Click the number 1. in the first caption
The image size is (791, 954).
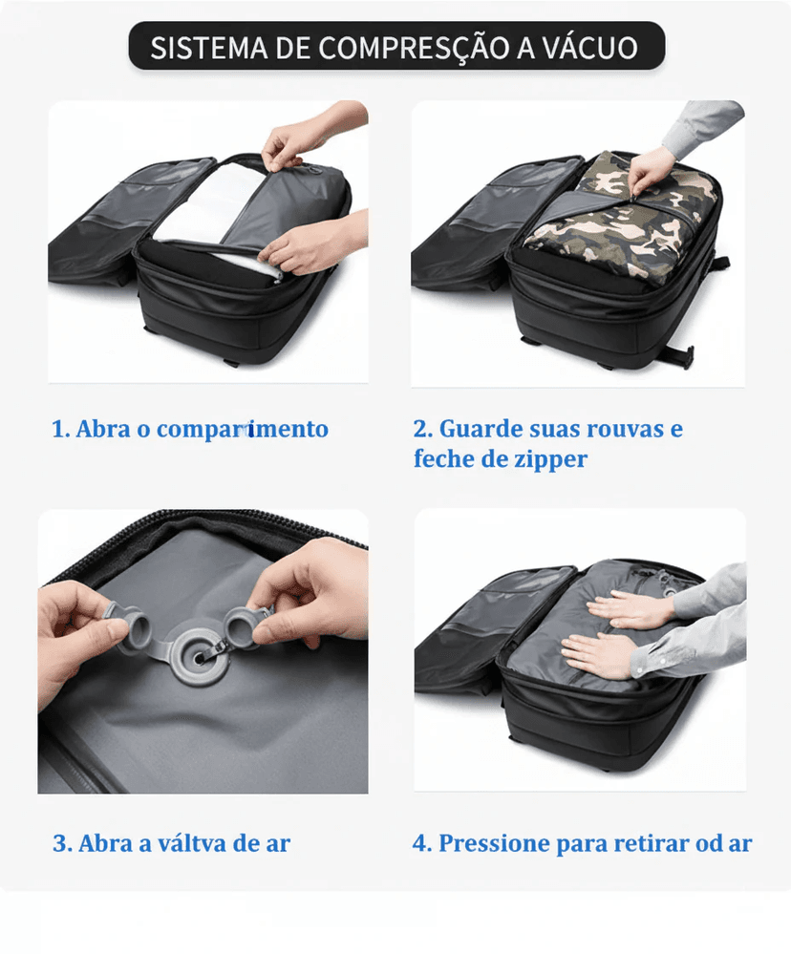click(60, 430)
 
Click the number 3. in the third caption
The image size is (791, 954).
click(62, 844)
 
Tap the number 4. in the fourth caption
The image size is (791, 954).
click(422, 844)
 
